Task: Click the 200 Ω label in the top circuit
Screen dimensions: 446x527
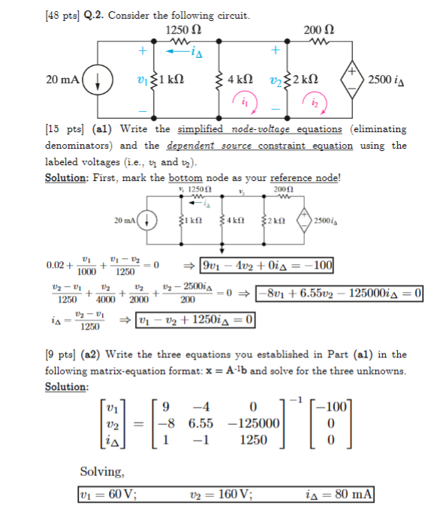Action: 318,30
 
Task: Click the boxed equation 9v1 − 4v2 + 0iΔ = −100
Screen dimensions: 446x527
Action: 267,267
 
